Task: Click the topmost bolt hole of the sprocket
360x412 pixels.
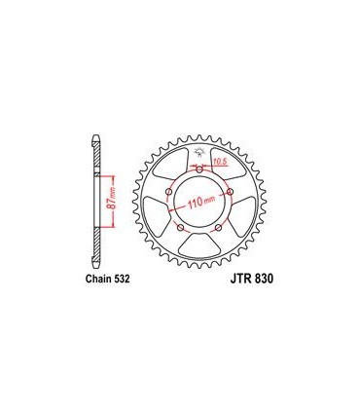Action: (x=198, y=170)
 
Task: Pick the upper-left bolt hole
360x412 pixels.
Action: (x=169, y=192)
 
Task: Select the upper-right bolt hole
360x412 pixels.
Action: (x=229, y=192)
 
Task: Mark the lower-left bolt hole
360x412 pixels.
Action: (x=181, y=227)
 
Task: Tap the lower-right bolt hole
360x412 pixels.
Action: (x=217, y=227)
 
